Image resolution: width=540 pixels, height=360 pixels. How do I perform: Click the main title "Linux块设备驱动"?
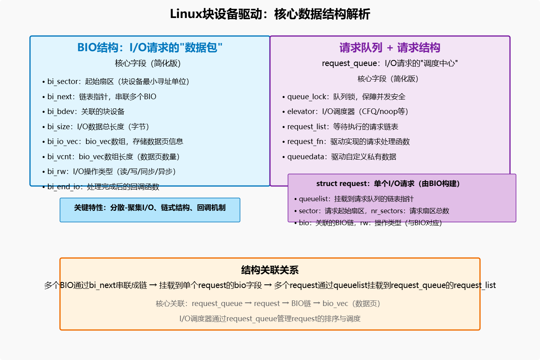tap(270, 14)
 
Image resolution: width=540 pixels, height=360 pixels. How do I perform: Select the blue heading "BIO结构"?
tap(150, 48)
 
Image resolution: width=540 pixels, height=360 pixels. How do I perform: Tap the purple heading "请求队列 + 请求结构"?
tap(390, 48)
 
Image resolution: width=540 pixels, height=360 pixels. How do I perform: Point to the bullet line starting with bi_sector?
tap(116, 82)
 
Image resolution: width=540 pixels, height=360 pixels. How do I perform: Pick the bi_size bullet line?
tap(96, 127)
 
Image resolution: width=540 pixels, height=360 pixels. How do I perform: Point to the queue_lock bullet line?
tap(344, 97)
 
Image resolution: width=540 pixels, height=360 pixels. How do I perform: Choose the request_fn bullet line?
tap(346, 142)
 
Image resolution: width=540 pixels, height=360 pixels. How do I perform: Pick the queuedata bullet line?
tap(339, 157)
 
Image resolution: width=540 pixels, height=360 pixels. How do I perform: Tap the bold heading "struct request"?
tap(388, 184)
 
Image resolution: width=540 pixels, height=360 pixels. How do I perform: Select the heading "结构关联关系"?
tap(270, 270)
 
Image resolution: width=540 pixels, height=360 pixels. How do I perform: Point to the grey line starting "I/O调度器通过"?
tap(270, 319)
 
